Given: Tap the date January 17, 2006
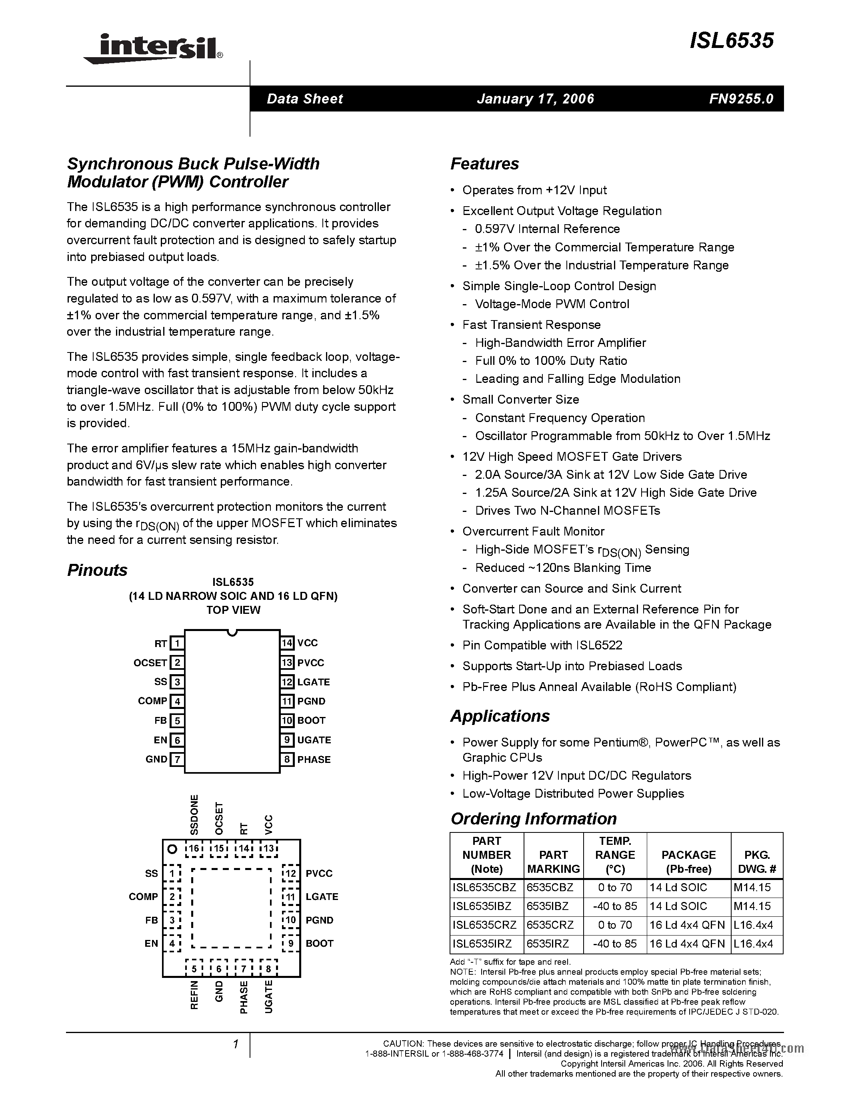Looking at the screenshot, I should (x=535, y=99).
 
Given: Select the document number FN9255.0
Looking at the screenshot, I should (x=741, y=99).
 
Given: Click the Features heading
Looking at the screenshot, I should (x=484, y=163).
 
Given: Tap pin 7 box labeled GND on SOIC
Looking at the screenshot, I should (x=177, y=759).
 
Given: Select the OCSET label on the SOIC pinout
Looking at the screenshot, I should (x=150, y=663).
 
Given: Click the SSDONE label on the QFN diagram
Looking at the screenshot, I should (x=194, y=815).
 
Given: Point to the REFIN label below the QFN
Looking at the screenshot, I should (x=194, y=995).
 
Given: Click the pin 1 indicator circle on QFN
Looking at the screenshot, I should (x=172, y=849).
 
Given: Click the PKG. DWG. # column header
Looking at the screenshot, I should (x=756, y=862).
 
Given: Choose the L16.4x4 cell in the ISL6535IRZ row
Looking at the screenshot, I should (x=753, y=944).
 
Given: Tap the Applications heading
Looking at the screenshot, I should (x=500, y=716).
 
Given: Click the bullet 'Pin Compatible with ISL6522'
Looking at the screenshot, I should (x=542, y=645).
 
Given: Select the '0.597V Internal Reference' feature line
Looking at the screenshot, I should (x=547, y=229).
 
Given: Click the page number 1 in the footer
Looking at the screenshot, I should (x=235, y=1044).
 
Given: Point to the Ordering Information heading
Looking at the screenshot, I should (x=533, y=819).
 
